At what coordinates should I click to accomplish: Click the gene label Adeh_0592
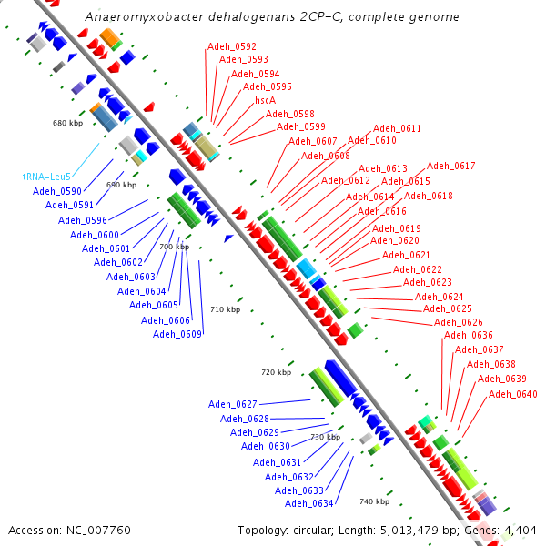pos(232,46)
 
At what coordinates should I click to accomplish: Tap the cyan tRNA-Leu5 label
pos(46,177)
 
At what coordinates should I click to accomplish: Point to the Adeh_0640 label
pos(513,394)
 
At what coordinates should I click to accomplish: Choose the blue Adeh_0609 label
pos(177,334)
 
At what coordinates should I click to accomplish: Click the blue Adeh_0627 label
pos(233,404)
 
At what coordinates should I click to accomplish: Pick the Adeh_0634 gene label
pos(309,503)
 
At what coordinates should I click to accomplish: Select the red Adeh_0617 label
pos(451,166)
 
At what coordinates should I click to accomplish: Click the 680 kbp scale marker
pos(67,122)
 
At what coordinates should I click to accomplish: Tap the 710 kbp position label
pos(225,310)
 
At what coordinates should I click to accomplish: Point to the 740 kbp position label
pos(374,501)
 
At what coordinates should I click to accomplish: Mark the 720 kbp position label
pos(276,372)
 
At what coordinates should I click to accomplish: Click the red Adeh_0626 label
pos(459,322)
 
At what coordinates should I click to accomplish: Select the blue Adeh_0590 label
pos(57,191)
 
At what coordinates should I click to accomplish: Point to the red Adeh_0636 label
pos(469,335)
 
